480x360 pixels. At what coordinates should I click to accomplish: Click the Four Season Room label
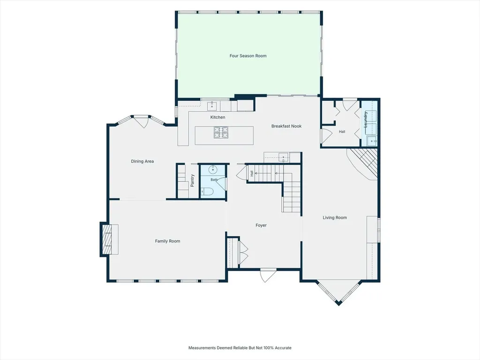coord(248,56)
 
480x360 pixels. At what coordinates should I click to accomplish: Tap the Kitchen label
coord(217,117)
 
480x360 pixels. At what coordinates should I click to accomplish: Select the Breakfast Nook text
coord(286,126)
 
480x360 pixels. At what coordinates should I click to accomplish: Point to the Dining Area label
coord(142,161)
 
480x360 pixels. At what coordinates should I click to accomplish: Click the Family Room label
coord(167,241)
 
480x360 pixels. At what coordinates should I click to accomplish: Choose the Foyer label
coord(261,225)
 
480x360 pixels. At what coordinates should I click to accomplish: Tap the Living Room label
coord(335,217)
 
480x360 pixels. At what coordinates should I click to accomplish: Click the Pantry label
coord(192,180)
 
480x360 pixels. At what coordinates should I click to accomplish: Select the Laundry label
coord(365,120)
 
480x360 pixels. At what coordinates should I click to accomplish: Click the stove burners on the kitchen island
coord(221,132)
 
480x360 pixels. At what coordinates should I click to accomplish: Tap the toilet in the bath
coord(207,192)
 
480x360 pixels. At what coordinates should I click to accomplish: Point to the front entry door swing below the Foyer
coord(267,276)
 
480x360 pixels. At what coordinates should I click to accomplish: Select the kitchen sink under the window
coord(212,106)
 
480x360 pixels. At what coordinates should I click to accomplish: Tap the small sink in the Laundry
coord(372,141)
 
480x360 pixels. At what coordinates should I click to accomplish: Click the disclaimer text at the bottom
coord(240,348)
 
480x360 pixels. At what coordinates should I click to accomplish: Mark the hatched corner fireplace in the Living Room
coord(364,164)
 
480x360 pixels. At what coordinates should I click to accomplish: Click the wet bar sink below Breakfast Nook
coord(284,157)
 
